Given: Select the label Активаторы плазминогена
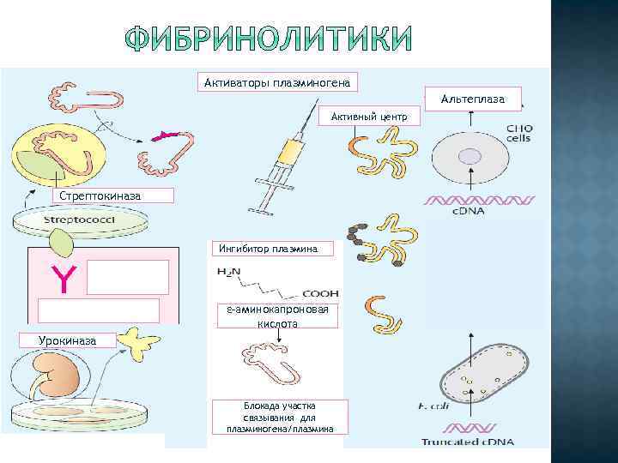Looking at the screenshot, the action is pyautogui.click(x=278, y=82).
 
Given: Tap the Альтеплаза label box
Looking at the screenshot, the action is pyautogui.click(x=474, y=99).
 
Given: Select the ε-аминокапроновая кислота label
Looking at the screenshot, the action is pyautogui.click(x=276, y=316).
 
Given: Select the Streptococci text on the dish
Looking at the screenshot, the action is pyautogui.click(x=82, y=221).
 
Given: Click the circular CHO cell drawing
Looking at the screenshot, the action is pyautogui.click(x=470, y=156).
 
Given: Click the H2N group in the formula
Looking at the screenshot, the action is pyautogui.click(x=230, y=272).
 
